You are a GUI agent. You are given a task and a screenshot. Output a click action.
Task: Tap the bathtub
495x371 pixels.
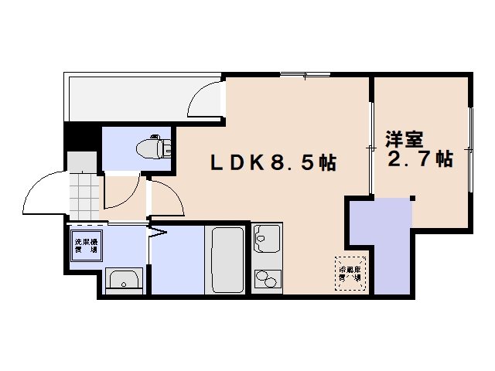(227, 259)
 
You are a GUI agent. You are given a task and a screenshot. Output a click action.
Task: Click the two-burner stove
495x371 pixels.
(267, 277)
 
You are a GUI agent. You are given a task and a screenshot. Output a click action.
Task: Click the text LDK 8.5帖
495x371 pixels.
(275, 163)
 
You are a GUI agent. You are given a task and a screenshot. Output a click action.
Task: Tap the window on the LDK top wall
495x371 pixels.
(306, 75)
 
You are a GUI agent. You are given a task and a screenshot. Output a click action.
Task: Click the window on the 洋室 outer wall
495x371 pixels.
(469, 147)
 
